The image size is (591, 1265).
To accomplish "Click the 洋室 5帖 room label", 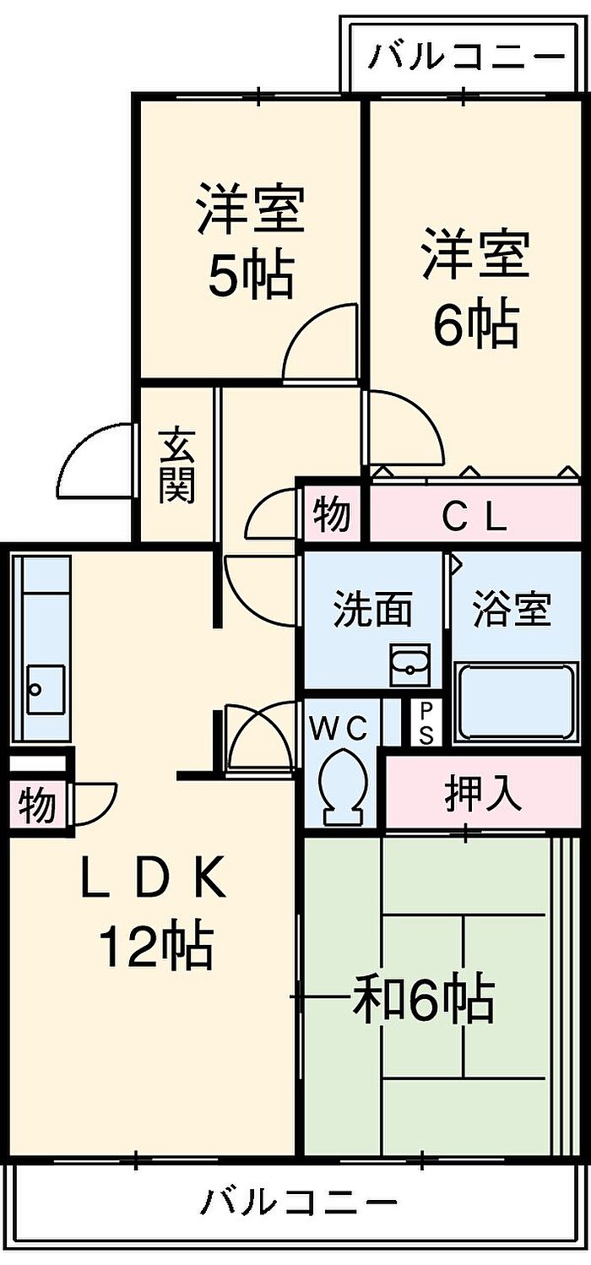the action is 251,241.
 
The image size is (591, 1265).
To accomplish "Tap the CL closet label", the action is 474,518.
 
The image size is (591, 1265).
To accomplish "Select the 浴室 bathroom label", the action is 512,610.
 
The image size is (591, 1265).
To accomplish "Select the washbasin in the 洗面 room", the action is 409,665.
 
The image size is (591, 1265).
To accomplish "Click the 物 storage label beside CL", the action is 331,514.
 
